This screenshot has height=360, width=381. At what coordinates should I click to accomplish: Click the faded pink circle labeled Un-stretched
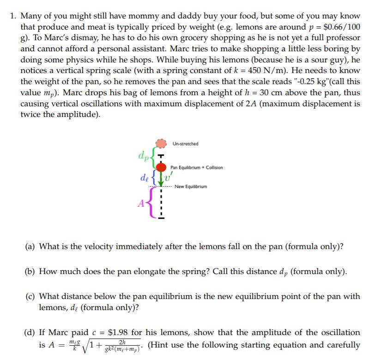click(x=160, y=144)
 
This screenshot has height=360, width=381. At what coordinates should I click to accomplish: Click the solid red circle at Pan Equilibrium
click(x=161, y=167)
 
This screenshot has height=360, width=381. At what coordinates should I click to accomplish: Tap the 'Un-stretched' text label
click(x=186, y=144)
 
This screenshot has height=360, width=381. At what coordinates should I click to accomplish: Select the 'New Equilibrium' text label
click(x=191, y=187)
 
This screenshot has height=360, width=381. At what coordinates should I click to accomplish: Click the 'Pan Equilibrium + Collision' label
click(x=196, y=167)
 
